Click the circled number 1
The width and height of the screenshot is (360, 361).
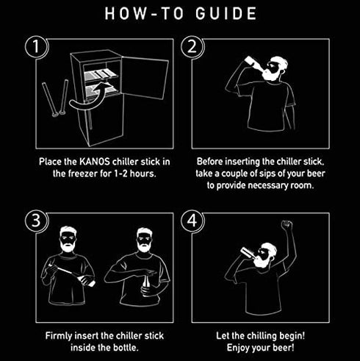point(37,47)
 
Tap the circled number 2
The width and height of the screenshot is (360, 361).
point(192,47)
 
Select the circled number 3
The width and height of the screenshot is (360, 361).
point(37,221)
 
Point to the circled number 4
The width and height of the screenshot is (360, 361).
point(192,221)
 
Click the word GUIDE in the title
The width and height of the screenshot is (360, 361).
point(226,13)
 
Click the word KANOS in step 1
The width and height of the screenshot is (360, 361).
point(95,162)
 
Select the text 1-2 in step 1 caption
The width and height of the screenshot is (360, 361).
point(120,174)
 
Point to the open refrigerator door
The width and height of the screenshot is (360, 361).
point(145,77)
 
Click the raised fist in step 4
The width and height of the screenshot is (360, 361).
point(287,225)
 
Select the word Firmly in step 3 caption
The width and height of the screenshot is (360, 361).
point(59,336)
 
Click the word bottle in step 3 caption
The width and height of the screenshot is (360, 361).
point(126,348)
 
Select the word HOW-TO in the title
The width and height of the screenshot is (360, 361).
point(144,13)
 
